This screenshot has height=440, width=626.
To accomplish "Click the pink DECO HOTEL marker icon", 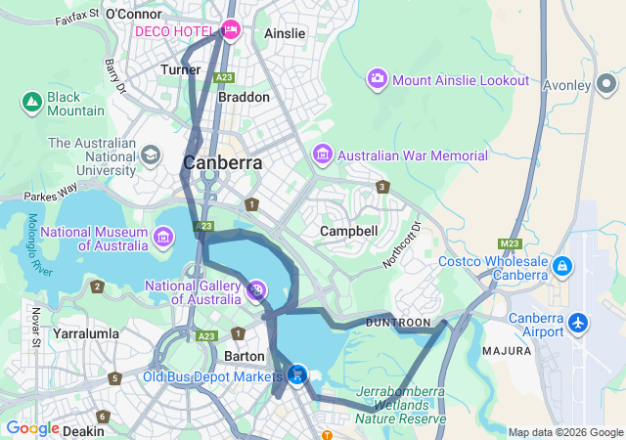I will (x=231, y=30).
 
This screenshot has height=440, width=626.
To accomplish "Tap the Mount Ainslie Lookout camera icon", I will (x=378, y=79).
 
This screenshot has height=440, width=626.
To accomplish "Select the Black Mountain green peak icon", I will (x=30, y=101).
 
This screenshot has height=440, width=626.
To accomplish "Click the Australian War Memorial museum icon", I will (x=323, y=155).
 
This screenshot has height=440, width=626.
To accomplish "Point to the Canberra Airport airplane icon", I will (x=579, y=322).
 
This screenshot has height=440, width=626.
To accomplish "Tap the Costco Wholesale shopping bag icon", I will (x=562, y=266).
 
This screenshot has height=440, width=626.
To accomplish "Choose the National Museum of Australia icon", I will (x=162, y=236).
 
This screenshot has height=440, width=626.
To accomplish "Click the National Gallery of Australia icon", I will (x=255, y=289).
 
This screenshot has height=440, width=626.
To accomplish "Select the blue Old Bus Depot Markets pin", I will (x=297, y=374).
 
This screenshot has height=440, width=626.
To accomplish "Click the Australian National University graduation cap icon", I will (x=151, y=155).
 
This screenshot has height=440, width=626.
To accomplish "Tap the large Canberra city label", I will (x=223, y=162).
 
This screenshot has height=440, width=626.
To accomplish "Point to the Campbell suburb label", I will (x=349, y=231).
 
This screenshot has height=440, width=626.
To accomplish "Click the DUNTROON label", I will (x=398, y=322).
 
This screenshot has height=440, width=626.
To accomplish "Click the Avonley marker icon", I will (x=607, y=85).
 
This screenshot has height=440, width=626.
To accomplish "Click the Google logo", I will (x=32, y=428).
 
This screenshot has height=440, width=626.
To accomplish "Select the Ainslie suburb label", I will (x=285, y=33).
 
